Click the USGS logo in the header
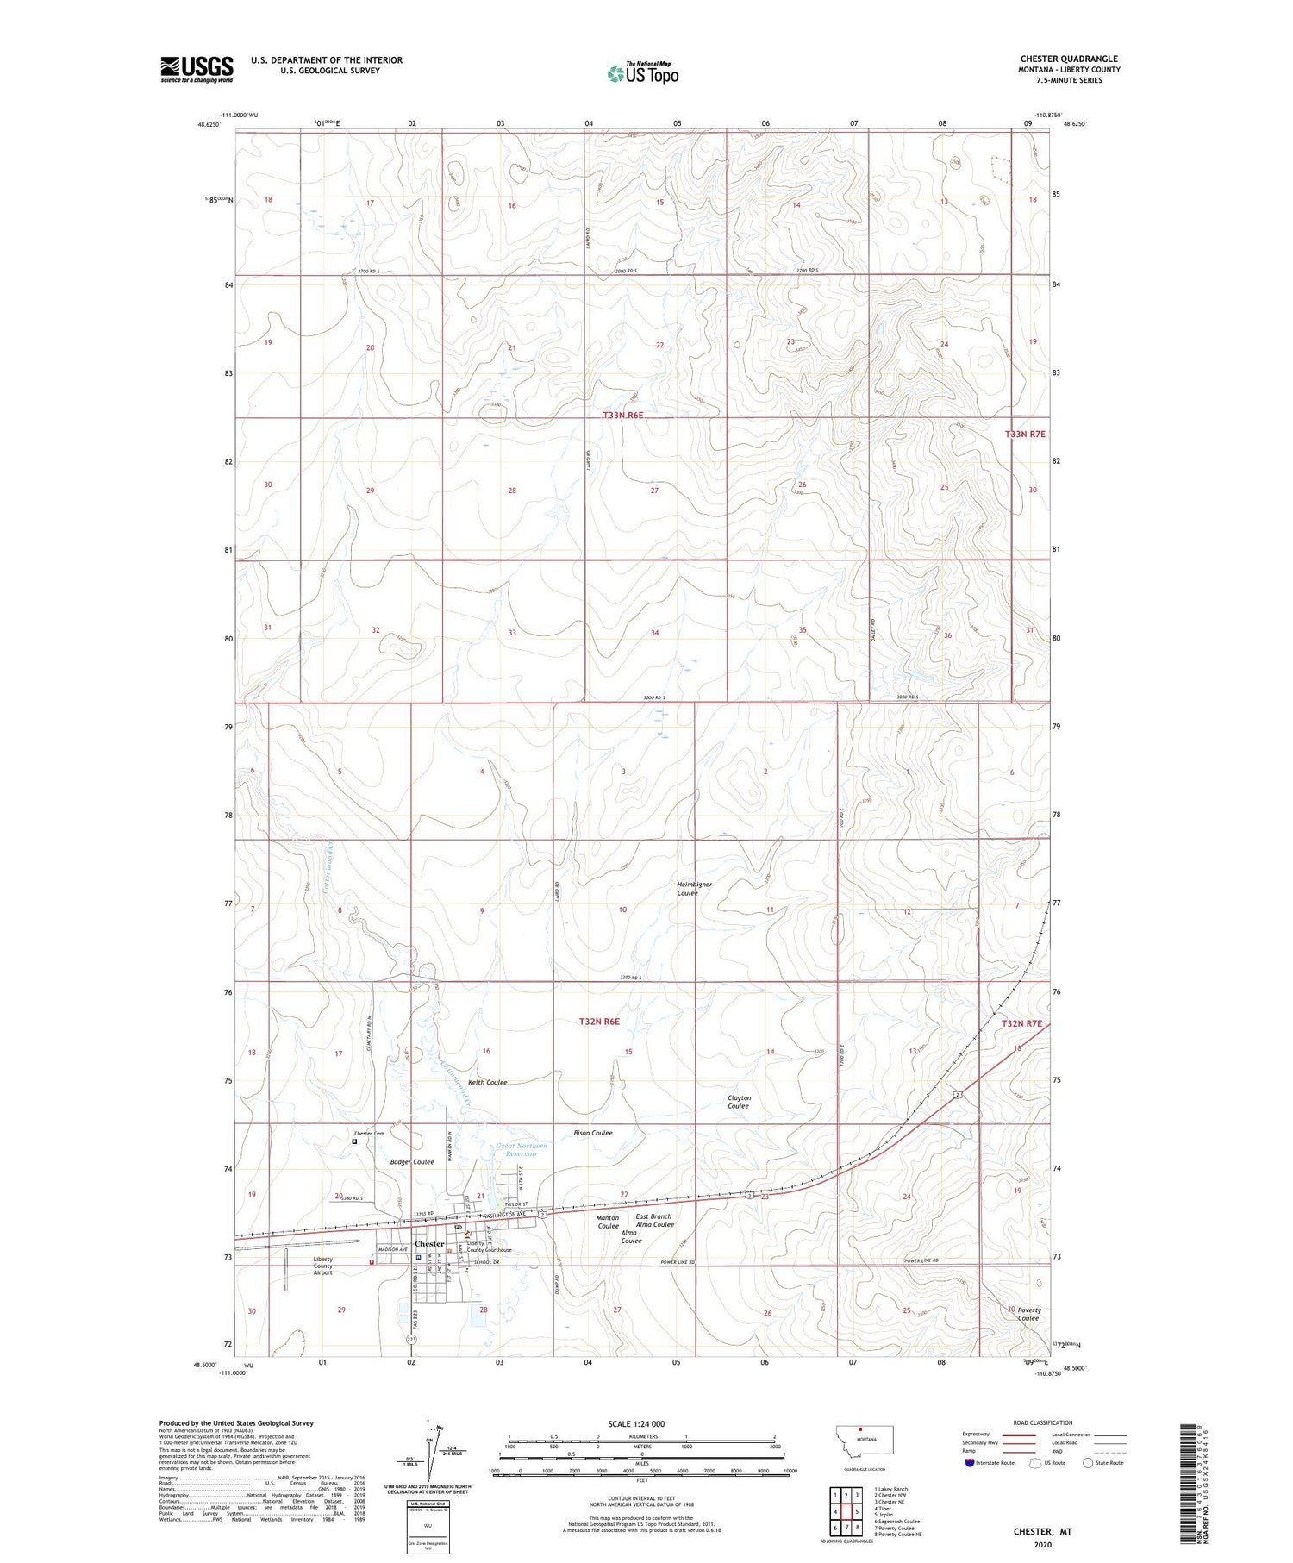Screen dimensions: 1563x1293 tap(197, 69)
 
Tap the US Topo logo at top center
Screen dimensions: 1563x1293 tap(642, 74)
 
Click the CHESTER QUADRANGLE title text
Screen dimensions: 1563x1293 tap(1069, 59)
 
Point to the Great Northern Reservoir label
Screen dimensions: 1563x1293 tap(522, 1149)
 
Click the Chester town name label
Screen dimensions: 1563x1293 tap(429, 1243)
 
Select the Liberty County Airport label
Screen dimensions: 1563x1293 tap(322, 1266)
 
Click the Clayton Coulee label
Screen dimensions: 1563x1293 tap(739, 1102)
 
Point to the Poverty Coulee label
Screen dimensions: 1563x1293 tap(1028, 1314)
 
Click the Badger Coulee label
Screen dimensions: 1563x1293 tap(412, 1161)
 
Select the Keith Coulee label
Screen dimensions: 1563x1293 tap(487, 1082)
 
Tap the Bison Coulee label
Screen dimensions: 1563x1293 tap(593, 1132)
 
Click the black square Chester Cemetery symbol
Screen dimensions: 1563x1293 tap(354, 1141)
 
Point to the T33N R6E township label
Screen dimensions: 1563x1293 tap(622, 416)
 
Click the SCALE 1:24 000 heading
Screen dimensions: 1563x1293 tap(637, 1423)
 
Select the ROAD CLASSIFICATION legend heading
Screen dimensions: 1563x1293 tap(1043, 1422)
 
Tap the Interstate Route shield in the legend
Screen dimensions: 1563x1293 tap(969, 1463)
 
